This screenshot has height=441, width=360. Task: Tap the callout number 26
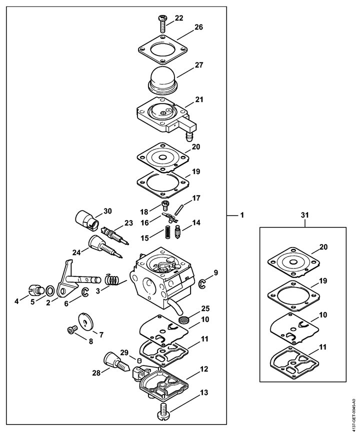point(198,27)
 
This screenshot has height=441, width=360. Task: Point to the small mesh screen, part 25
point(183,320)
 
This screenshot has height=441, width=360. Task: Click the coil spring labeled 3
point(112,280)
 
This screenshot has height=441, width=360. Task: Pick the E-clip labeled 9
point(202,284)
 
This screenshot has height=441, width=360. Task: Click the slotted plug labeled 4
point(36,289)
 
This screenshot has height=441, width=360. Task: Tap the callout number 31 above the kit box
point(304,215)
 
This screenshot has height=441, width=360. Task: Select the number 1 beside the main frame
point(242,215)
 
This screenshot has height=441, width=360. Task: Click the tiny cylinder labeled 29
point(138,360)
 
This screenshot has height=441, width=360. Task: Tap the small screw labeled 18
point(165,205)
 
